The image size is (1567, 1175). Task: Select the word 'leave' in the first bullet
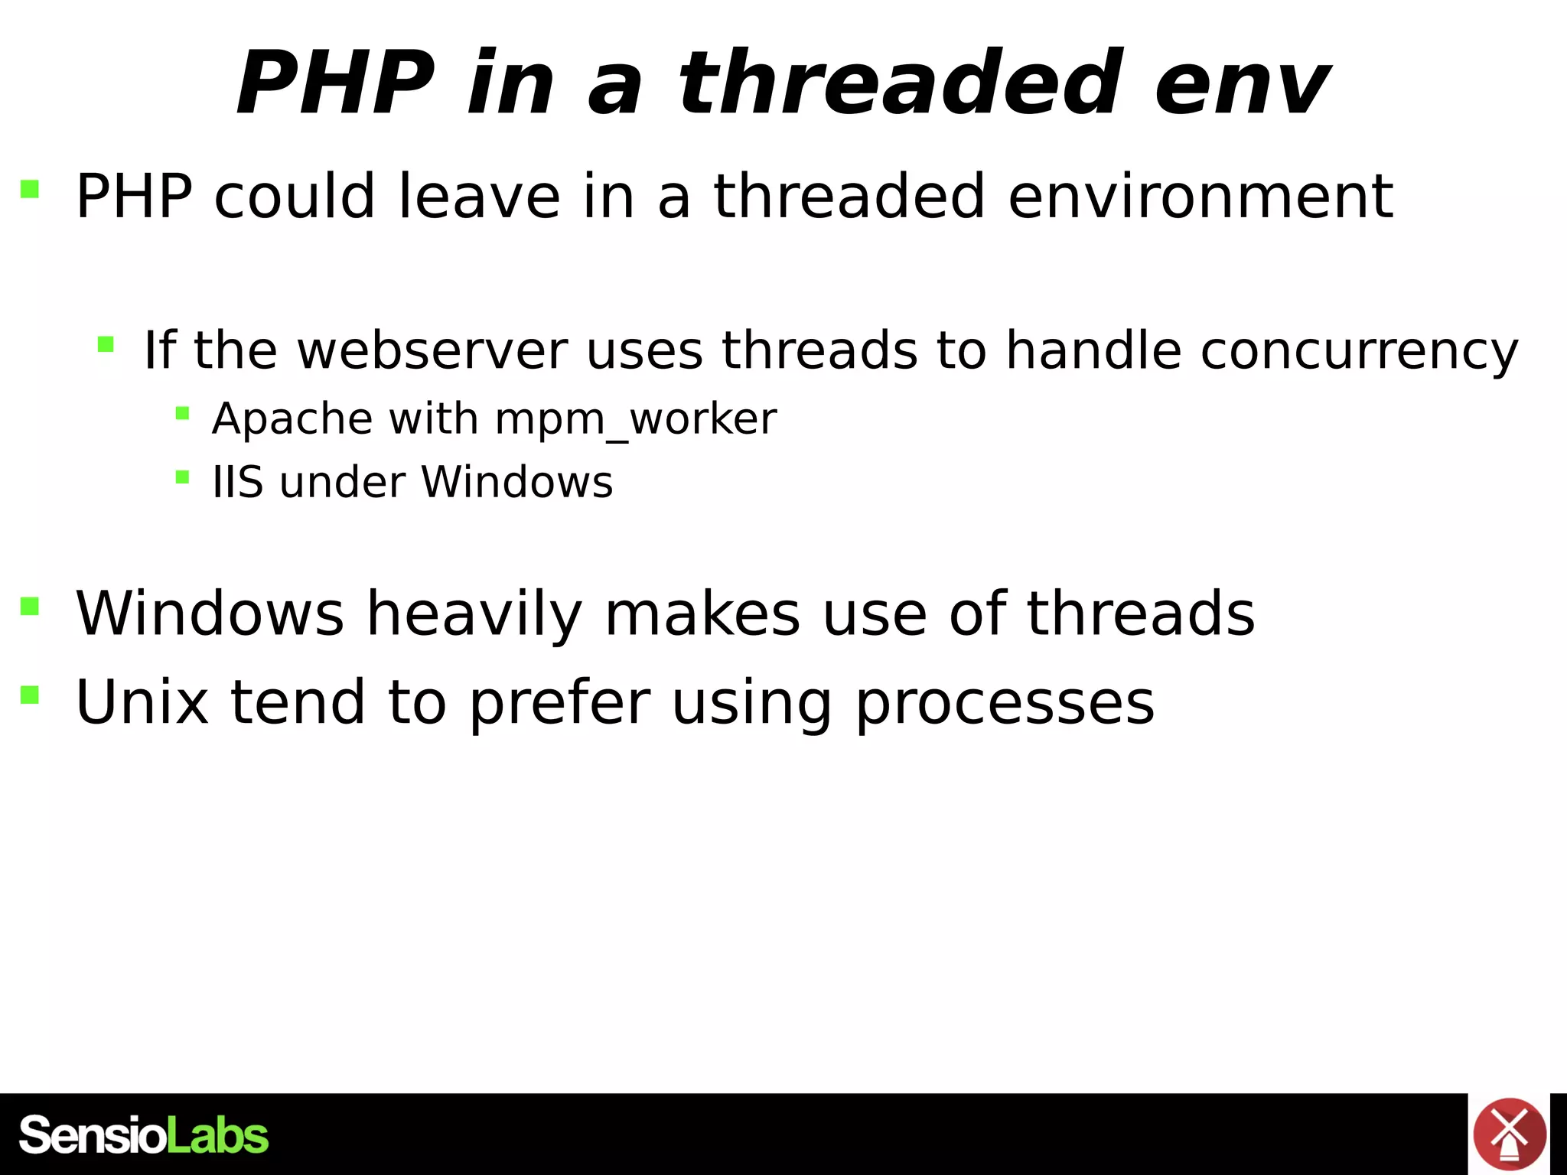point(479,197)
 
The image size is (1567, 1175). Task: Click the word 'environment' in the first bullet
point(1200,197)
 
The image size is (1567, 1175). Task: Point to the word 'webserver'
point(432,350)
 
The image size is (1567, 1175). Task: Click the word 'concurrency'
point(1359,352)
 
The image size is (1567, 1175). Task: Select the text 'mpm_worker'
point(635,420)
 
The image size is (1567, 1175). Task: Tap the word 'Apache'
point(292,420)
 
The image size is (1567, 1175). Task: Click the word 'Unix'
point(142,702)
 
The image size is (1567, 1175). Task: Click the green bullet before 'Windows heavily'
point(30,607)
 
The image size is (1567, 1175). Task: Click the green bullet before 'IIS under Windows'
point(182,477)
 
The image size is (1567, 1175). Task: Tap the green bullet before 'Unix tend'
point(30,695)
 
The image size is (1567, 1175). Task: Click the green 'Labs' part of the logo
point(217,1136)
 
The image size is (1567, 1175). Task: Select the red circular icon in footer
point(1509,1134)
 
